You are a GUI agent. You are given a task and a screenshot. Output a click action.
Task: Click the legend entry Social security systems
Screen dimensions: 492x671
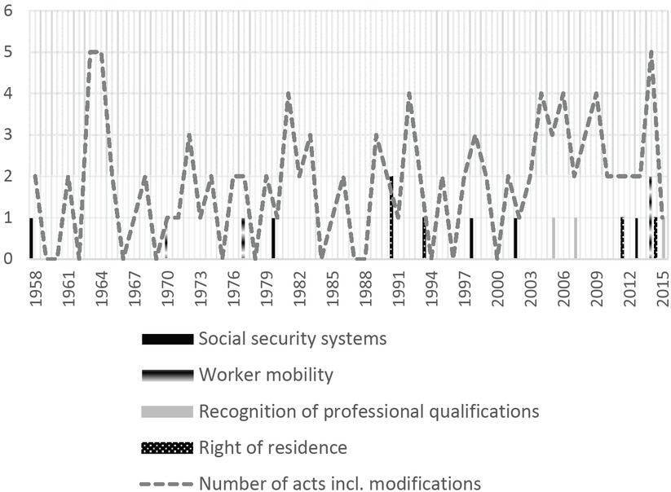click(292, 337)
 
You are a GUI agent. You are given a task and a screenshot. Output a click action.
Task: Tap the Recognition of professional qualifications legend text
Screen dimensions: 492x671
click(369, 411)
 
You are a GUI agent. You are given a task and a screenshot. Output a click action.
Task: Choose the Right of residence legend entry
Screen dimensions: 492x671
click(272, 447)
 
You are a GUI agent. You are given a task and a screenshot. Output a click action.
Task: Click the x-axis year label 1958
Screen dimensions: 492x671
click(35, 286)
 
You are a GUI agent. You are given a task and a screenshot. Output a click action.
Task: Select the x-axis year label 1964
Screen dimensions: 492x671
click(101, 286)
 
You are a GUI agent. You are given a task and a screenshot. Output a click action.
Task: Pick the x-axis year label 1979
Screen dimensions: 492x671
click(266, 286)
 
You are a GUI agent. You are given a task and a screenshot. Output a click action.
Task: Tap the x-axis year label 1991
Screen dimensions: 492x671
click(398, 286)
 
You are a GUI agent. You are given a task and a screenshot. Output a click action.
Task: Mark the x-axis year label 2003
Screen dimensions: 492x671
click(530, 286)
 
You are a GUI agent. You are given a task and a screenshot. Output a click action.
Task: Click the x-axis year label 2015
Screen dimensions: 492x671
click(662, 286)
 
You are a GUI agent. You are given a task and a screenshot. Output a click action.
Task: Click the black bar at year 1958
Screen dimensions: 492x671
click(31, 238)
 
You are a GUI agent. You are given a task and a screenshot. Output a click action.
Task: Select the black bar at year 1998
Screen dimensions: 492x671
click(471, 238)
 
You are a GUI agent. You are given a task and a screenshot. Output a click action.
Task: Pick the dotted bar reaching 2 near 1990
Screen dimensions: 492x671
click(391, 217)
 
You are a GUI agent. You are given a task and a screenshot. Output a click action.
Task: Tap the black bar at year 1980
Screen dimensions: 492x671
click(273, 238)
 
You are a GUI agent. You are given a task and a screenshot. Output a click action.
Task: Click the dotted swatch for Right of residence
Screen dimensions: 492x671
click(167, 447)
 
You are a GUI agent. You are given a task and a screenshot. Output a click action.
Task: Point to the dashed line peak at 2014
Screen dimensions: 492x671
click(651, 52)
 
